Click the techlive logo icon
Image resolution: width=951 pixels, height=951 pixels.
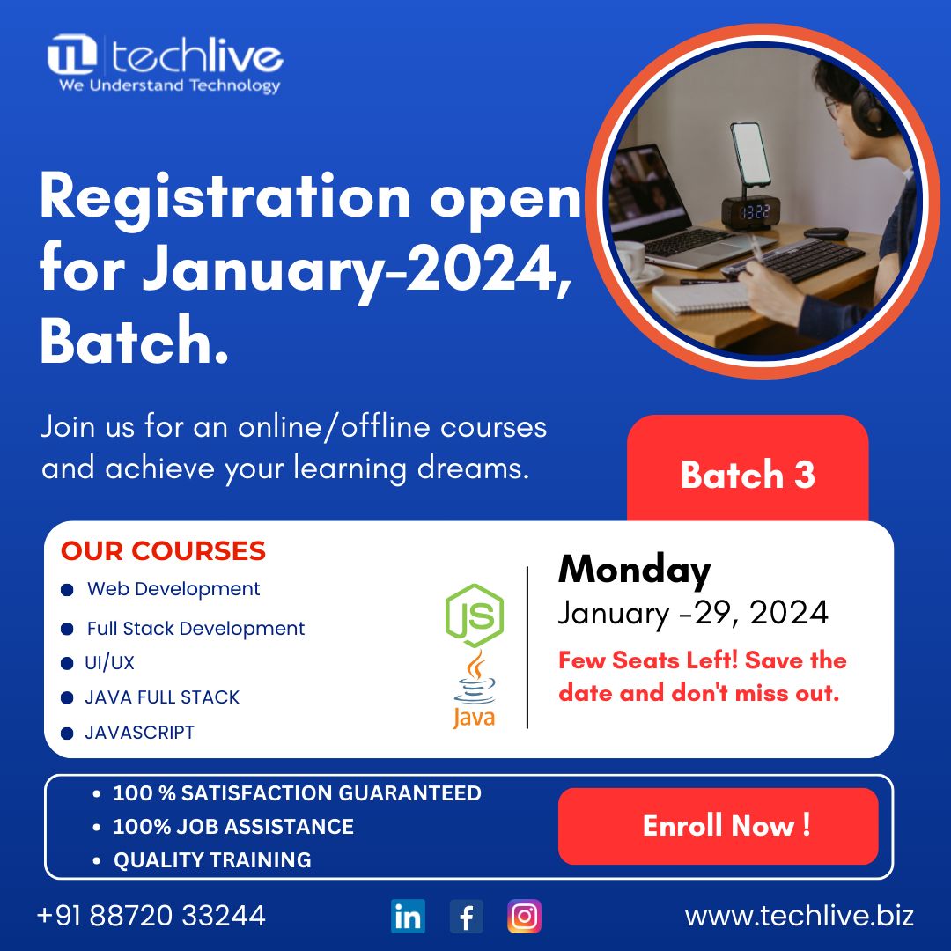point(72,55)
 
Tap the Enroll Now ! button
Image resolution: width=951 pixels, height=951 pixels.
point(718,826)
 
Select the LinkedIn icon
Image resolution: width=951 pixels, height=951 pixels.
point(408,916)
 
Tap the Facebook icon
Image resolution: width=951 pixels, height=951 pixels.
point(466,916)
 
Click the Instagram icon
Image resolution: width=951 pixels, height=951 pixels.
point(524,916)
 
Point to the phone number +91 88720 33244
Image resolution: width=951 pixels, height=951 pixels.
point(151,915)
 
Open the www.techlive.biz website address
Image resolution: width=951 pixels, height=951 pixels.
point(799,915)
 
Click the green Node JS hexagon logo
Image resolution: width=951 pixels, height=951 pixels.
point(475,615)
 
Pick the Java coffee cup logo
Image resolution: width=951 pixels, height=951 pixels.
point(475,689)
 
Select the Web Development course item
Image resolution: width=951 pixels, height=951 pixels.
point(173,589)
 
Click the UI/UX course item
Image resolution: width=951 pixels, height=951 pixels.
point(109,663)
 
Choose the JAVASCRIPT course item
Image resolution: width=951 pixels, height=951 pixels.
point(139,733)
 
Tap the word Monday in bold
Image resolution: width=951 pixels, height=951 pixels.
point(634,570)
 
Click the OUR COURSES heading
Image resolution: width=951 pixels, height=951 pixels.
point(163,550)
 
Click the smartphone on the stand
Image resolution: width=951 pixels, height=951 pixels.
point(750,154)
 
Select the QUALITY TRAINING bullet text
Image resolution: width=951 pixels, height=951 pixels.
point(212,860)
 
